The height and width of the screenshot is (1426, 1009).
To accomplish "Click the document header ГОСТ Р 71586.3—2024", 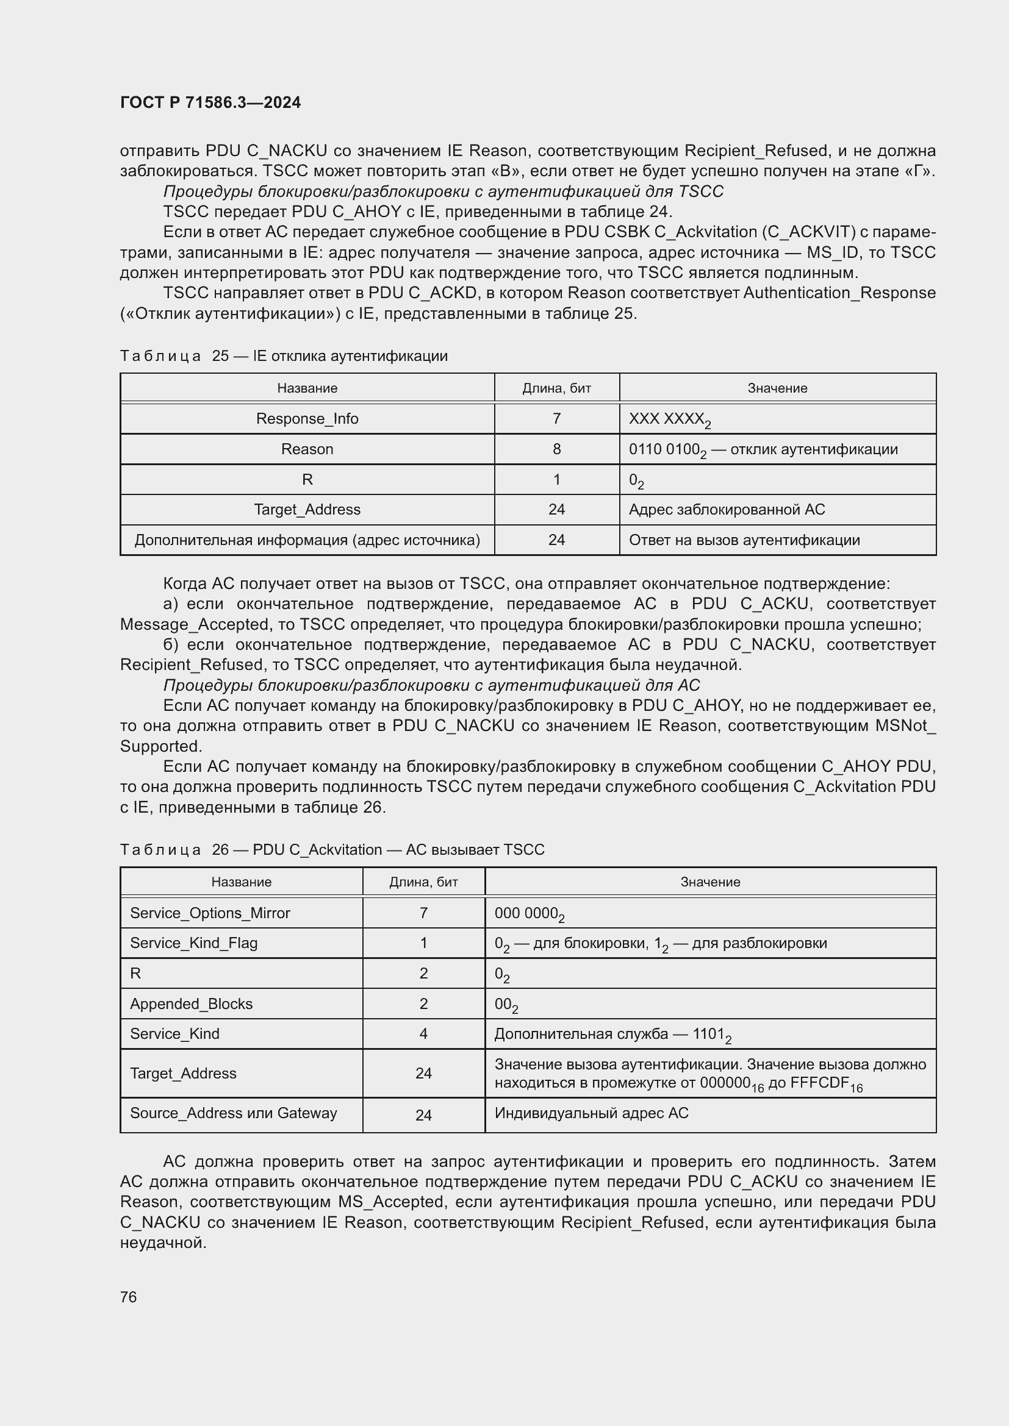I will click(x=210, y=102).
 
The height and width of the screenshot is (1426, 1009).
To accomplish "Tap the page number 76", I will click(x=129, y=1297).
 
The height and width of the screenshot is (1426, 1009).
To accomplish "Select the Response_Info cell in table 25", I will click(x=307, y=419).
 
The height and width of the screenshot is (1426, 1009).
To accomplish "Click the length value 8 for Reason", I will click(x=556, y=449).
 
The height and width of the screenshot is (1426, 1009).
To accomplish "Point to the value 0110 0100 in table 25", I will click(x=664, y=449).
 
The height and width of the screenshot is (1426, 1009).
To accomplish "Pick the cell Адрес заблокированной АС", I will click(x=727, y=509).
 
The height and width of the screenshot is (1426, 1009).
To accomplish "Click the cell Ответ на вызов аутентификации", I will click(x=744, y=540).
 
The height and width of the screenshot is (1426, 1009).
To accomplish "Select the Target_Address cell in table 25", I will click(x=307, y=509).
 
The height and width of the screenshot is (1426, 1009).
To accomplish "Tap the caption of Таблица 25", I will click(x=283, y=356).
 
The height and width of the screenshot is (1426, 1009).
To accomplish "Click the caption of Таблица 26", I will click(x=332, y=850).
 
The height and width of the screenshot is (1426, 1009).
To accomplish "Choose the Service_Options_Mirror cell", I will click(x=210, y=913).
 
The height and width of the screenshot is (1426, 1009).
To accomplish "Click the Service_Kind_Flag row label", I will click(x=193, y=943).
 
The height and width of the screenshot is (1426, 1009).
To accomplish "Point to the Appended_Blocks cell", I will click(x=191, y=1004).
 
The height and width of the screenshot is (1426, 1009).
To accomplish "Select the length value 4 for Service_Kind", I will click(x=423, y=1033).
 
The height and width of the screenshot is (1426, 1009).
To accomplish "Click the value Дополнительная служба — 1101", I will click(x=612, y=1034).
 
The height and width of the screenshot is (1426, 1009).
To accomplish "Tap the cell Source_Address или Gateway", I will click(x=233, y=1113).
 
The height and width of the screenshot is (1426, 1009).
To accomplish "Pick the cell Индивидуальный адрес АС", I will click(x=591, y=1113).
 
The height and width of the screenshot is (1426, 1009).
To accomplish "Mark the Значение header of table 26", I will click(x=709, y=882).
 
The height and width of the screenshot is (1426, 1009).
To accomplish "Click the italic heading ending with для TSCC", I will click(x=443, y=191).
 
